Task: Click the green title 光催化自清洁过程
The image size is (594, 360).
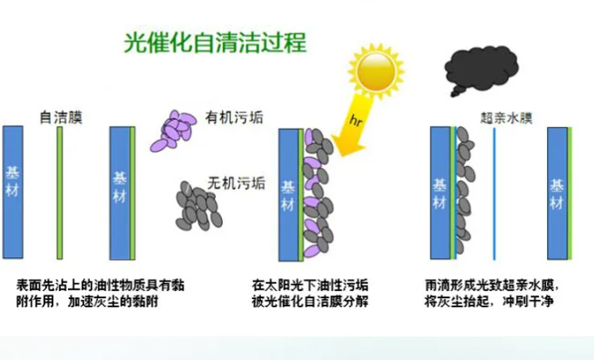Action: pyautogui.click(x=216, y=42)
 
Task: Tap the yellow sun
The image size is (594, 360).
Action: pyautogui.click(x=376, y=71)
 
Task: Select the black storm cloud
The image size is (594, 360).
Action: pyautogui.click(x=481, y=70)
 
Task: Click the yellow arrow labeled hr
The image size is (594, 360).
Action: pyautogui.click(x=353, y=125)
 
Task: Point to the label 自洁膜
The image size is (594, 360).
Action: pyautogui.click(x=61, y=117)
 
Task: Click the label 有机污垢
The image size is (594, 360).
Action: pyautogui.click(x=234, y=118)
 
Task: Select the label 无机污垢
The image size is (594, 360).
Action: pyautogui.click(x=236, y=183)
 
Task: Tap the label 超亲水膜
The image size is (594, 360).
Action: pyautogui.click(x=506, y=118)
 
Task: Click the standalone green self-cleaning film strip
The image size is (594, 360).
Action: pyautogui.click(x=59, y=193)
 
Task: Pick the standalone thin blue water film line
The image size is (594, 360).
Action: pyautogui.click(x=494, y=194)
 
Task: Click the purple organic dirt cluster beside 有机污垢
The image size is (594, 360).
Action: pyautogui.click(x=173, y=131)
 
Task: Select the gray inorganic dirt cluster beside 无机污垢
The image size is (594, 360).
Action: pyautogui.click(x=199, y=206)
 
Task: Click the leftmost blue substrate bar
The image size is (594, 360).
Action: pyautogui.click(x=13, y=192)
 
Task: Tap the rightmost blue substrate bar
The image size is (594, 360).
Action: pyautogui.click(x=558, y=194)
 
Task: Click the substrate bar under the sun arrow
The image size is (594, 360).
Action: pyautogui.click(x=288, y=195)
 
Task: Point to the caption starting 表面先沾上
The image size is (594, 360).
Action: pyautogui.click(x=100, y=294)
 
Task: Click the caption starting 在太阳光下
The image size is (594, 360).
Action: pyautogui.click(x=310, y=294)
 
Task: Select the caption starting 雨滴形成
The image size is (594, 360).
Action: pyautogui.click(x=492, y=294)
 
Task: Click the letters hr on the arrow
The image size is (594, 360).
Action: pyautogui.click(x=356, y=121)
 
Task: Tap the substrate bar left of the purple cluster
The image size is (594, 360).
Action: pyautogui.click(x=120, y=193)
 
